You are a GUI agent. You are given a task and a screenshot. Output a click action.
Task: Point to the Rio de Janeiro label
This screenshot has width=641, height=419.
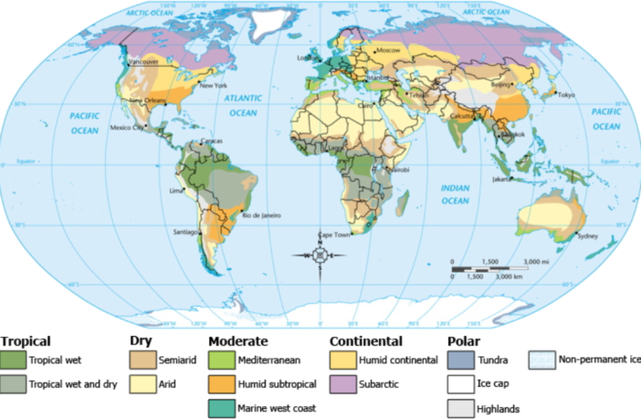(259, 215)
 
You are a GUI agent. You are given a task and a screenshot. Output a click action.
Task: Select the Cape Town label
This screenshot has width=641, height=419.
(334, 236)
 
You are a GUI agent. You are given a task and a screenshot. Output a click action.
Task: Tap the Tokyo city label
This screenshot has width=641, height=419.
(567, 96)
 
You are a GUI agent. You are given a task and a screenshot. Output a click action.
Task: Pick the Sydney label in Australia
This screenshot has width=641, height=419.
(589, 237)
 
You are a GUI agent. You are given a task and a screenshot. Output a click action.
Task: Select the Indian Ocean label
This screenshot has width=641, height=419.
(455, 194)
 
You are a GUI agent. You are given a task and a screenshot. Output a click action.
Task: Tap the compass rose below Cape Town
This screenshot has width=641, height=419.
(320, 256)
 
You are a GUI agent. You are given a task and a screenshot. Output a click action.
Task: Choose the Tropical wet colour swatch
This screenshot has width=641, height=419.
(12, 361)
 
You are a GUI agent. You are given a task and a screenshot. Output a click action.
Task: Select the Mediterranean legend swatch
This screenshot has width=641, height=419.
(221, 361)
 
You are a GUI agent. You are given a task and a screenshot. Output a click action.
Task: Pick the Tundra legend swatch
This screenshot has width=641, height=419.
(460, 361)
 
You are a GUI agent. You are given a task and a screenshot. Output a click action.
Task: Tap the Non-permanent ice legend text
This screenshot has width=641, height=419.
(599, 360)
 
